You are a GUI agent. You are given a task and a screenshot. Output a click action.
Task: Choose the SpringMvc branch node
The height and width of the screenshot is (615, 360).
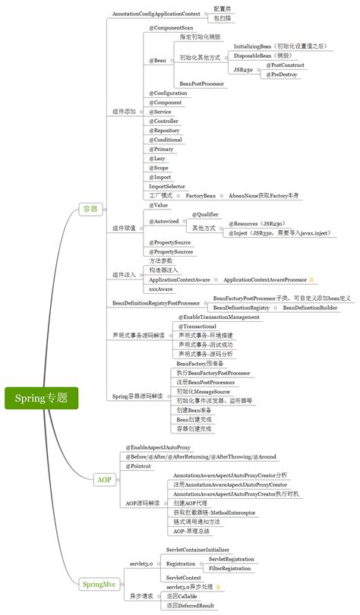99,583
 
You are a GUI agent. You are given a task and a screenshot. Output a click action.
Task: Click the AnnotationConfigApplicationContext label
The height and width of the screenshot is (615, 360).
156,14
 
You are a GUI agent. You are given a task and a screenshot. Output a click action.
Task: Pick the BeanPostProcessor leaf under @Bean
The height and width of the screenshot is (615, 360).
202,83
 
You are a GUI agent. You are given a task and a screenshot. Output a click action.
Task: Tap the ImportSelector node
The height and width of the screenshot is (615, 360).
166,185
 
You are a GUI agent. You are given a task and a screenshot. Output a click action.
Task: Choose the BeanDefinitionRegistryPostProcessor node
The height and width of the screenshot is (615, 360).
156,303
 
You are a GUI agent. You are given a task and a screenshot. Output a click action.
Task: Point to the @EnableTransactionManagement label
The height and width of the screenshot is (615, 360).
219,317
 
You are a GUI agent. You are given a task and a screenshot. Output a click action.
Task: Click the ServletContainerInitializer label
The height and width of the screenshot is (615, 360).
203,548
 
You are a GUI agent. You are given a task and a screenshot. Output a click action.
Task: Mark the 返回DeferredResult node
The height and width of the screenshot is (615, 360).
191,605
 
